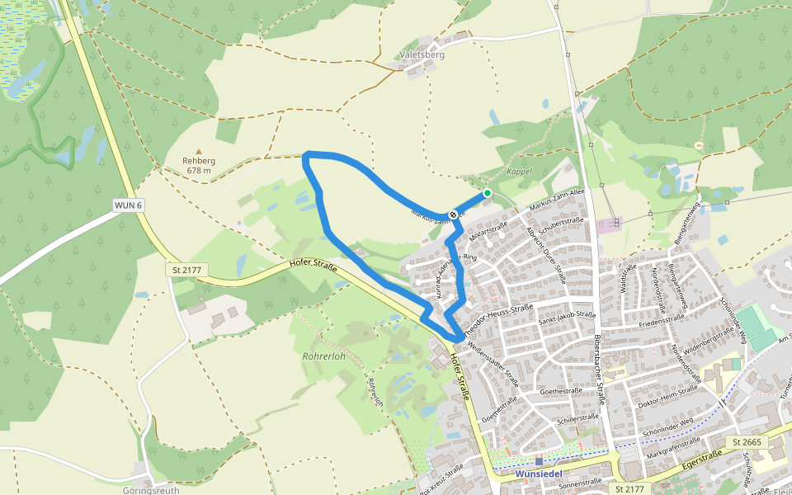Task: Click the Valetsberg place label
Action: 422,54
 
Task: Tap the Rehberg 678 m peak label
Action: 199,166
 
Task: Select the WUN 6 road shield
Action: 129,205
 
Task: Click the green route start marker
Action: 488,193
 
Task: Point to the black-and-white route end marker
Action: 453,215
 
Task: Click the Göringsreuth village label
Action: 151,489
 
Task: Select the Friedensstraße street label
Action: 662,320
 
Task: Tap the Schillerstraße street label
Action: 577,418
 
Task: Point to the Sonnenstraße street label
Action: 581,483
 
